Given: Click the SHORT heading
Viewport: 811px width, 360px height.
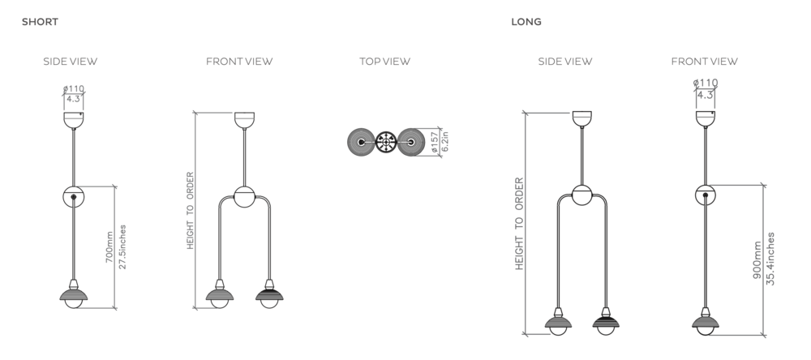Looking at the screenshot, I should [40, 22].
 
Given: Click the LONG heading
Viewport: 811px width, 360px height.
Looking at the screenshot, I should [526, 22].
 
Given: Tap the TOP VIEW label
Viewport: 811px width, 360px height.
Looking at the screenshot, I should [384, 61].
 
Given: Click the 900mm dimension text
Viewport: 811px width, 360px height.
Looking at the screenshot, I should [757, 259].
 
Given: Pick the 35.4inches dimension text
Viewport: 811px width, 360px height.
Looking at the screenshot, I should [770, 259].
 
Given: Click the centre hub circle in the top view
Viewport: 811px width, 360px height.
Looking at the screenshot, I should [385, 143].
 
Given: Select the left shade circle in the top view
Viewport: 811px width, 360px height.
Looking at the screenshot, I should [361, 143].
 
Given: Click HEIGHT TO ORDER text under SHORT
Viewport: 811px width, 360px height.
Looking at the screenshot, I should [190, 210].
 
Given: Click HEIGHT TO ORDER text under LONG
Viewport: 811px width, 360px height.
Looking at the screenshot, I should [519, 223].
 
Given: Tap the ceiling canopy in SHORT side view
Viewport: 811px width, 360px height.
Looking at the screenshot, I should [74, 119].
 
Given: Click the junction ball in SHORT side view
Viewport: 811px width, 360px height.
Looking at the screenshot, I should [74, 196].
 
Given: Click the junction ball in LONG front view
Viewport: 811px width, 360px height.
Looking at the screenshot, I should [706, 195].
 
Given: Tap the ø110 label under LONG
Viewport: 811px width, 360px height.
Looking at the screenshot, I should [706, 83].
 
